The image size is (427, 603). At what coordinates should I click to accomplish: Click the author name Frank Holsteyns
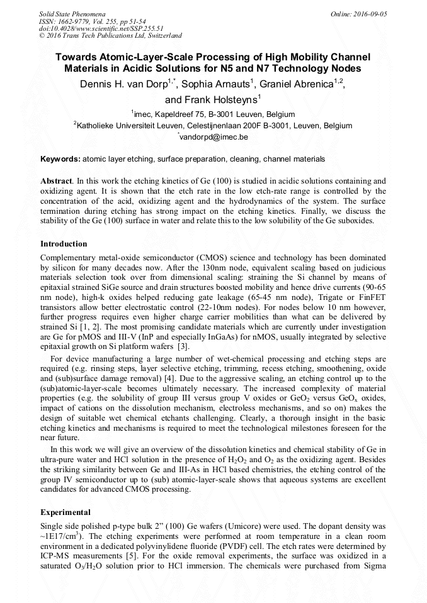tap(214, 99)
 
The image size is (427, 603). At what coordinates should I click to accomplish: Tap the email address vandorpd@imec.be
tap(215, 136)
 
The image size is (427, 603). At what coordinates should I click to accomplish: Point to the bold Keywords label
tap(60, 159)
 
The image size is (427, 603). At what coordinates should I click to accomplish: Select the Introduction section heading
tap(64, 243)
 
